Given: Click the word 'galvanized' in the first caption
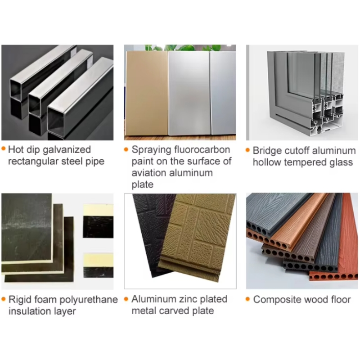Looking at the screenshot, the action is click(x=67, y=150).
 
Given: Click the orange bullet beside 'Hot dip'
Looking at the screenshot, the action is click(x=4, y=148).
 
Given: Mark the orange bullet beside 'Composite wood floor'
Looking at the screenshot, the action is click(x=247, y=299).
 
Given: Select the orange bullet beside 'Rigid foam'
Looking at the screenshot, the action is click(x=4, y=299).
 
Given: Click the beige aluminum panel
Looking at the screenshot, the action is click(x=147, y=93).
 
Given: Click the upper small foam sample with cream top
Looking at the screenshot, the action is click(x=98, y=221).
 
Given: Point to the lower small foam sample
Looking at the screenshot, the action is click(x=98, y=265).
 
